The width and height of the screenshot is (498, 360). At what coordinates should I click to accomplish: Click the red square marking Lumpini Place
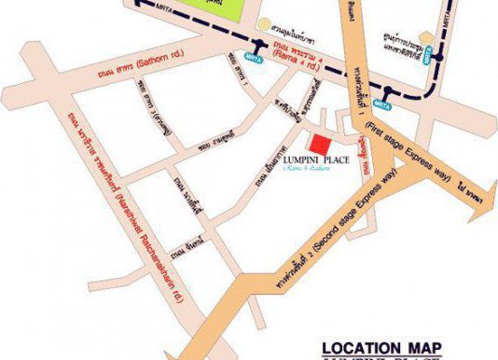point(320,146)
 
